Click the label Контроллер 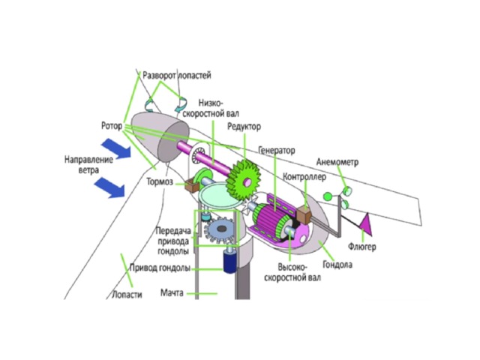coord(304,177)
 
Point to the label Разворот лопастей coord(176,76)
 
